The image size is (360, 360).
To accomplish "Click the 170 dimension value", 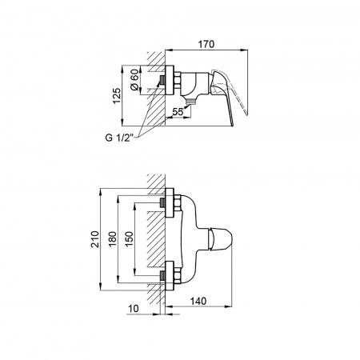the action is pos(206,44).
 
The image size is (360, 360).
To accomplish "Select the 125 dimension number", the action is pos(117,96).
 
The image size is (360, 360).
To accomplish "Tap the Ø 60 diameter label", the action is pos(135,80).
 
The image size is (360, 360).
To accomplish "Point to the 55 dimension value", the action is pos(178,111).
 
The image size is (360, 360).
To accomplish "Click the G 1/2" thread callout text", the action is pos(119,138).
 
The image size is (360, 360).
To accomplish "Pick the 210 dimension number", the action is pos(94,239).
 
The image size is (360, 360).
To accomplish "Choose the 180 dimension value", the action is pos(112,239).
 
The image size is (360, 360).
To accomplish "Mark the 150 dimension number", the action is pos(129,239).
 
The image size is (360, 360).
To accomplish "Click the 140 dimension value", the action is pos(198,301).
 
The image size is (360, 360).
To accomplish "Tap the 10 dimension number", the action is pos(134,309).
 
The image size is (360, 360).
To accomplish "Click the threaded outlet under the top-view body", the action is pos(190,101).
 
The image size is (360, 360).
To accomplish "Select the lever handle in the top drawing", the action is pos(229,97).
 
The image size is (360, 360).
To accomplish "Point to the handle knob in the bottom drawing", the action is pos(220,239).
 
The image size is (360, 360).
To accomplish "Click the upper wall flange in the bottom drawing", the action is pos(170,203).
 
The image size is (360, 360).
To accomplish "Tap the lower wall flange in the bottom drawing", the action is pos(170,275).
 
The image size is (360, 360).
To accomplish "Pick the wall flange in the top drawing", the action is pos(170,80).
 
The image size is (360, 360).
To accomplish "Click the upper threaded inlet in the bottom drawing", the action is pos(162,203).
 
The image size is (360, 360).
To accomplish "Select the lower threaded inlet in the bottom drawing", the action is pos(162,275).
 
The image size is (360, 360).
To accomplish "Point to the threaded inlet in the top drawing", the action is pos(162,80).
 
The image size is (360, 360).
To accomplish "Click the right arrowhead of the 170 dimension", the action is pos(244,50).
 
